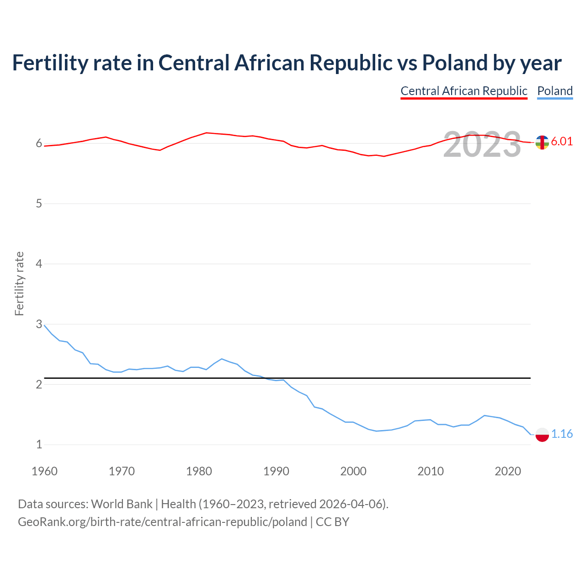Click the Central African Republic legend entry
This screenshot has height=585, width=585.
[x=464, y=91]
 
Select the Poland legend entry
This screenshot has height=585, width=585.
[x=555, y=91]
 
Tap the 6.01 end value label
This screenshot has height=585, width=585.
[x=562, y=141]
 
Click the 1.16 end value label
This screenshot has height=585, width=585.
[x=562, y=434]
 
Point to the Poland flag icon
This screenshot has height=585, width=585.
[x=542, y=435]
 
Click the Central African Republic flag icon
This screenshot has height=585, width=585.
[x=542, y=143]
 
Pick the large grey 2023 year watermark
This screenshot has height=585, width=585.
[x=482, y=144]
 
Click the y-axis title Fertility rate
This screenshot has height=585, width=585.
[x=19, y=283]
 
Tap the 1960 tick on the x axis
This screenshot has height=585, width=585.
[x=44, y=471]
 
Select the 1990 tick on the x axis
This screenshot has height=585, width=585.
[x=276, y=471]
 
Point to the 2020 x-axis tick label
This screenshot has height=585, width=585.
[x=508, y=471]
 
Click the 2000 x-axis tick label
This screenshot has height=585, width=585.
[x=353, y=471]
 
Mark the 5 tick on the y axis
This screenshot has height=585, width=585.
[x=39, y=203]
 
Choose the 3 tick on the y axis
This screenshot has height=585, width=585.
[x=39, y=324]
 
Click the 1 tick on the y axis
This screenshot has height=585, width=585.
[x=39, y=444]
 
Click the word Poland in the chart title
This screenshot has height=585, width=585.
[x=454, y=63]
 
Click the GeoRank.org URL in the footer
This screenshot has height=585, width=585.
[x=162, y=522]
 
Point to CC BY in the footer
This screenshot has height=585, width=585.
[x=332, y=522]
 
